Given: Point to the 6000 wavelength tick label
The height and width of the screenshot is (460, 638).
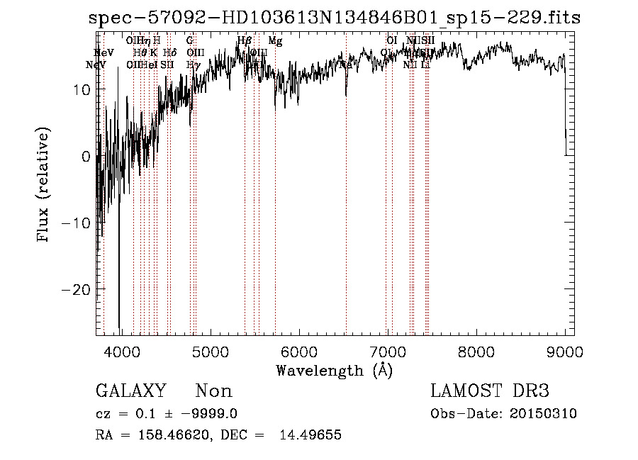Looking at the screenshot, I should (x=298, y=352).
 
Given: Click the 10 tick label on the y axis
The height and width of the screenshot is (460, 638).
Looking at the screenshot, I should (x=80, y=90).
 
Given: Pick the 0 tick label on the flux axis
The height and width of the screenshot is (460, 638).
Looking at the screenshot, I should (x=86, y=157).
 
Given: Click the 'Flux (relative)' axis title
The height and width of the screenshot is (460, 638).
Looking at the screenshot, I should (x=44, y=185).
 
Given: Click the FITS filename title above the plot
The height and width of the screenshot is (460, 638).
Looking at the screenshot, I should (x=335, y=18).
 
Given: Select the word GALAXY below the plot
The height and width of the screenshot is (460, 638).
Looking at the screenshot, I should (x=130, y=391).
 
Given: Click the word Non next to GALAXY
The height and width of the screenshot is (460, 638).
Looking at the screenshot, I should (x=213, y=391).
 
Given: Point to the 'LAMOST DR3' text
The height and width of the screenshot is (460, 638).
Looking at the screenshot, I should (x=490, y=391).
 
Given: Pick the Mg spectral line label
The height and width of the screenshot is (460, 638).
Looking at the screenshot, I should (x=275, y=41).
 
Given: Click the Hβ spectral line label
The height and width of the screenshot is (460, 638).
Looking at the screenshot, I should (x=244, y=41).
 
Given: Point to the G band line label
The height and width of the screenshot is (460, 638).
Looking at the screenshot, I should (x=190, y=41).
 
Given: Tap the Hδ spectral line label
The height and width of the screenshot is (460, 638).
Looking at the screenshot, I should (x=169, y=52).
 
